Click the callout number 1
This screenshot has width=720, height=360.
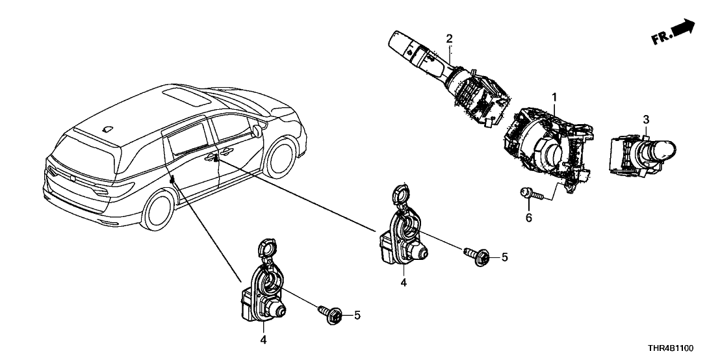coord(554,97)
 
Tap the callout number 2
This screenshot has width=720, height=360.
coord(448,39)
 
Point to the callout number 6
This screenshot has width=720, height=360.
coord(528,218)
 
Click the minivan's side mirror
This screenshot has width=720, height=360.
coord(259,129)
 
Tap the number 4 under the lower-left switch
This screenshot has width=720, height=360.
coord(263,339)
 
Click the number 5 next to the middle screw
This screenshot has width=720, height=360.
coord(504,257)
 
